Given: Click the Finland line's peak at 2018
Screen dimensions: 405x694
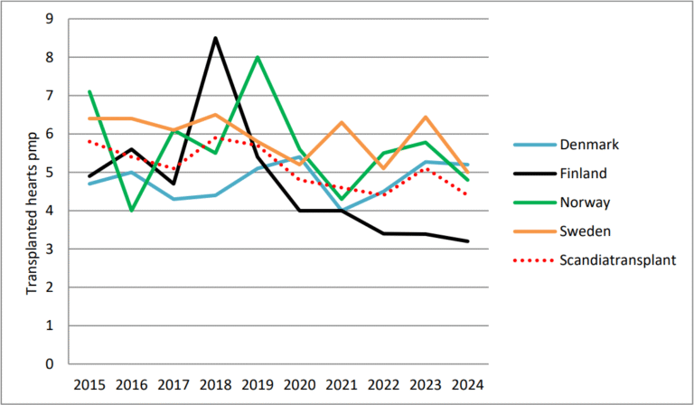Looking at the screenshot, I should (x=214, y=38).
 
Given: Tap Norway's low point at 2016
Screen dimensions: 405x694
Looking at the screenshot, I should (x=131, y=211).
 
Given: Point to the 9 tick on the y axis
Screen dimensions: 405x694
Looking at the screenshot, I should (x=49, y=19).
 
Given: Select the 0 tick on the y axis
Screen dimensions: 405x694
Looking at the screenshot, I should (x=49, y=364).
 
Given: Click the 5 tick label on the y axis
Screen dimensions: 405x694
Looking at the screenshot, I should (x=49, y=173).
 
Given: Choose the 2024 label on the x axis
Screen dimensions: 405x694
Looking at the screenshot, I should (x=466, y=385).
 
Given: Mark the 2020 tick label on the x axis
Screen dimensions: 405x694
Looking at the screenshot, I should (x=299, y=385).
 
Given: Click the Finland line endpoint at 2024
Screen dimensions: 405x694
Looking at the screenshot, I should (x=466, y=241).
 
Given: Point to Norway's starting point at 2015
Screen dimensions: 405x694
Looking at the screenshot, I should (x=89, y=91).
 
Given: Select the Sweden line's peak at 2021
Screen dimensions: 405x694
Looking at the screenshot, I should (x=341, y=122).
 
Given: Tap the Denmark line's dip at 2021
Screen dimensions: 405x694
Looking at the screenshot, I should (x=341, y=211).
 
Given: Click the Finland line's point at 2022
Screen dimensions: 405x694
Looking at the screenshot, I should (x=382, y=233).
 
